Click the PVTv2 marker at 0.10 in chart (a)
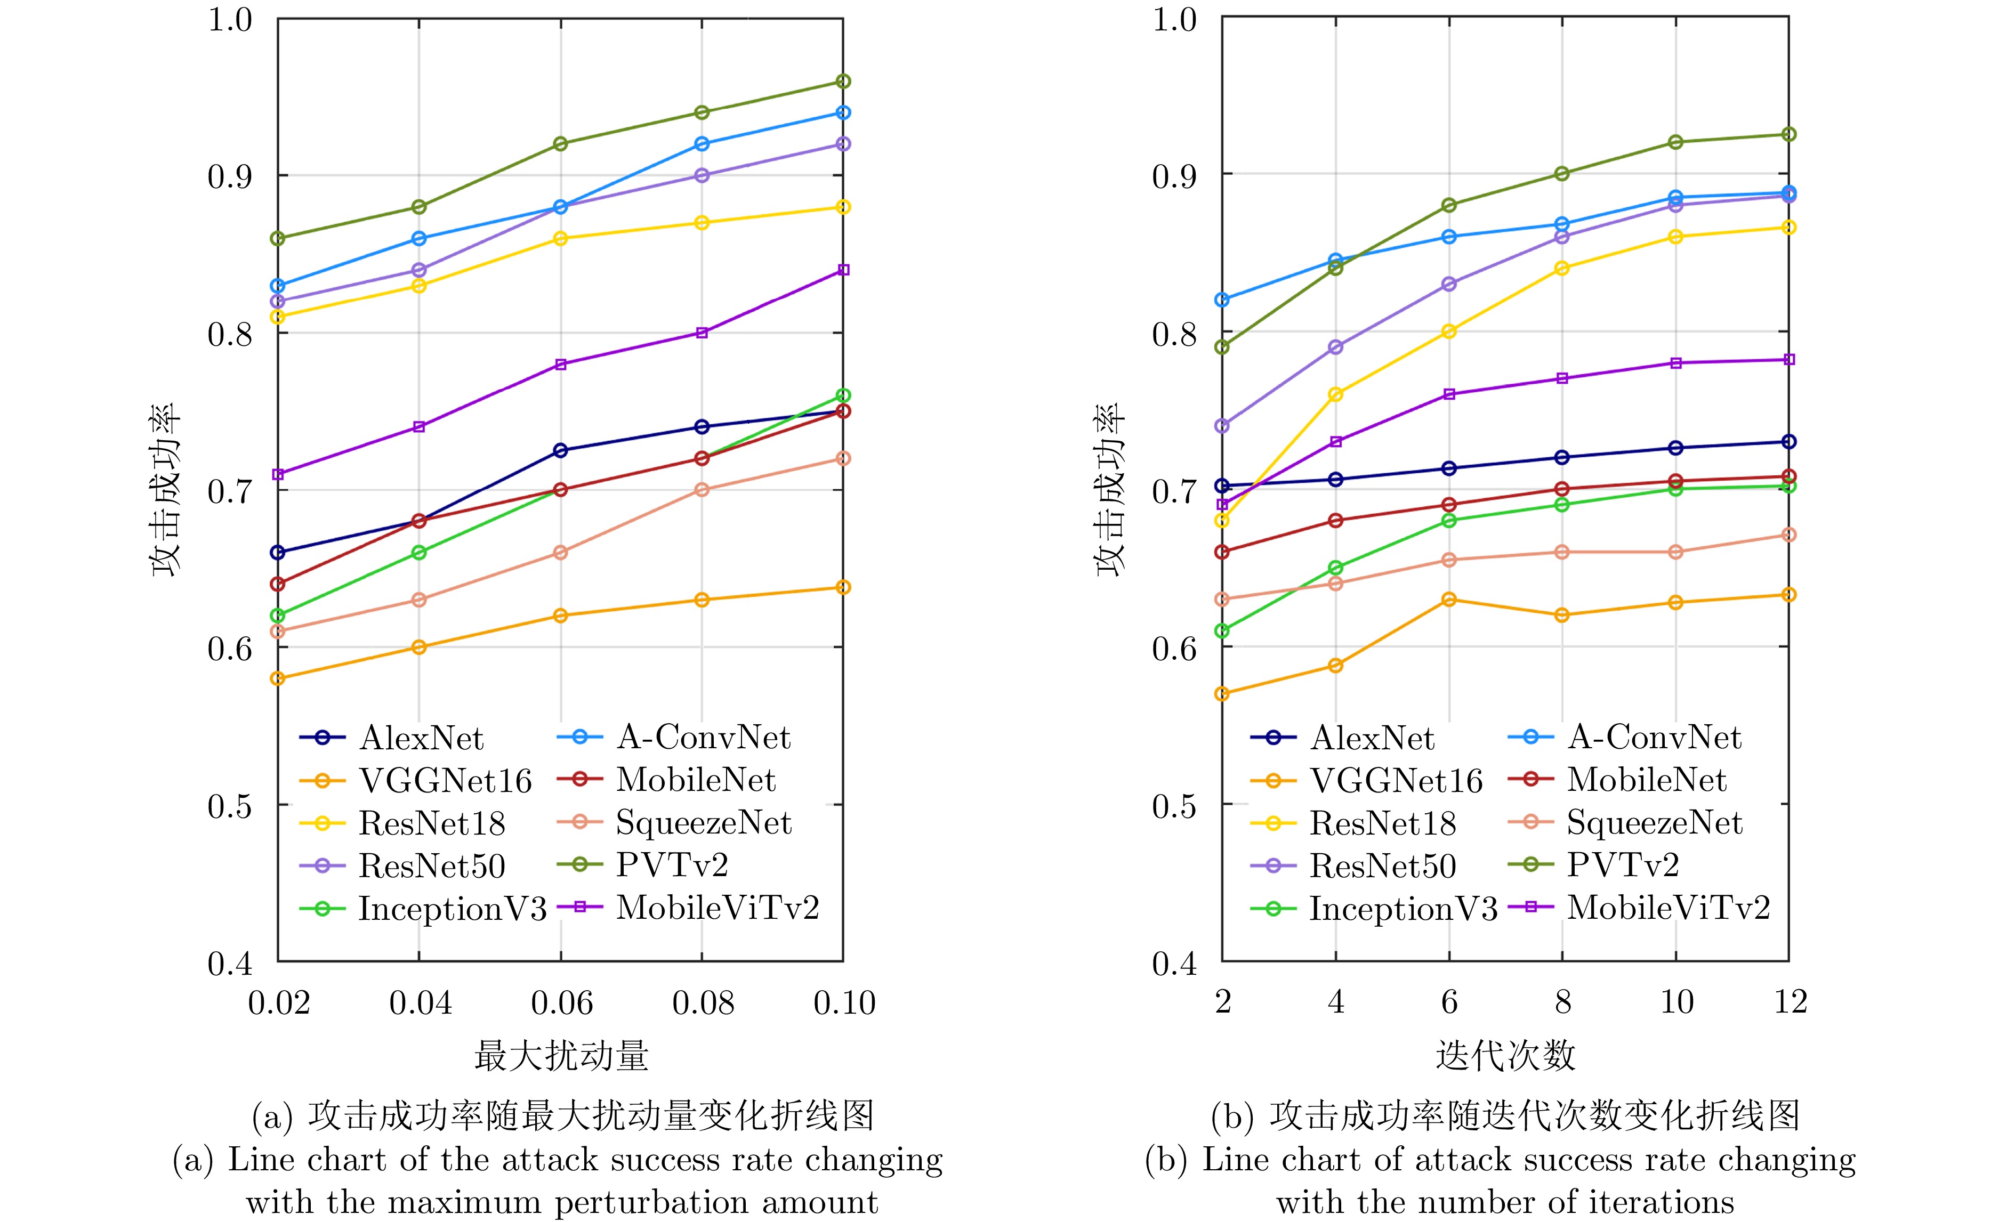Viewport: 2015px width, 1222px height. tap(843, 81)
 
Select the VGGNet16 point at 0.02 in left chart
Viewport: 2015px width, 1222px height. tap(278, 678)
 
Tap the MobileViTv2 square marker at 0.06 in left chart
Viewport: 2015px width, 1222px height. tap(560, 365)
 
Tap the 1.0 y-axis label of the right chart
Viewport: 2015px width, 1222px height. tap(1174, 20)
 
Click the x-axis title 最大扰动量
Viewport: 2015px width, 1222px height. tap(561, 1055)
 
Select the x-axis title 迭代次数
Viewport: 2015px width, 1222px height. tap(1505, 1055)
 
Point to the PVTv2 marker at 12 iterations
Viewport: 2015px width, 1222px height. tap(1788, 134)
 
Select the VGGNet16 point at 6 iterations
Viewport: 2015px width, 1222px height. tap(1449, 599)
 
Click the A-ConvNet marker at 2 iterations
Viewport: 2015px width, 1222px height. tap(1222, 300)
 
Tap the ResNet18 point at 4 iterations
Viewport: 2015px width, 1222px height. tap(1335, 394)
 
